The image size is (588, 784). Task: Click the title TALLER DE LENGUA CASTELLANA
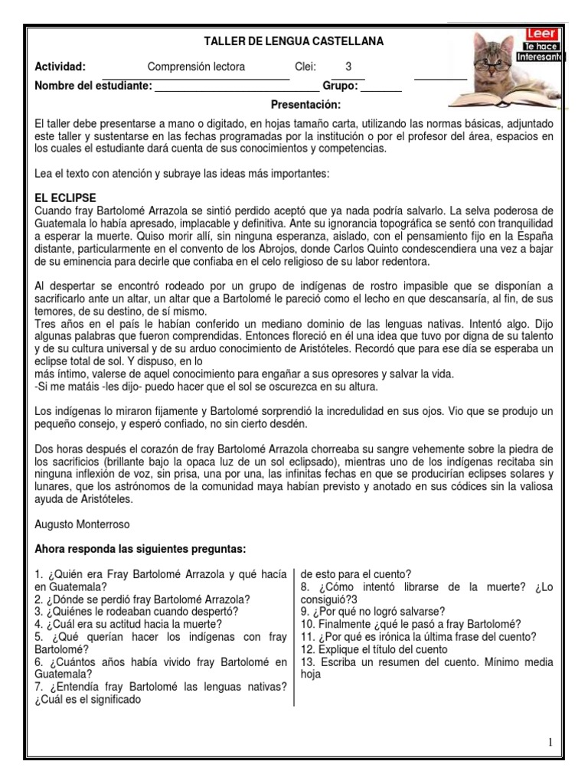294,41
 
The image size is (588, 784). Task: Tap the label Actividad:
60,67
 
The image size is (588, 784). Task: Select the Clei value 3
348,67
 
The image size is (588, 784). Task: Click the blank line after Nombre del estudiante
237,87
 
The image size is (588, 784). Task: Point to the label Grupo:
340,86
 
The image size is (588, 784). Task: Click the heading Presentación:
305,104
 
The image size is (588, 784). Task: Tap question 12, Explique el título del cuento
374,648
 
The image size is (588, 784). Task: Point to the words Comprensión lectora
196,67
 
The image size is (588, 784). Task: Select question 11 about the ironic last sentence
418,636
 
